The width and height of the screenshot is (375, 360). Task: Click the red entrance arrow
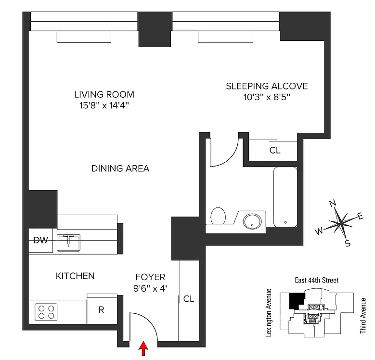tap(143, 348)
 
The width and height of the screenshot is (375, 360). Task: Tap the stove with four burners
tap(46, 312)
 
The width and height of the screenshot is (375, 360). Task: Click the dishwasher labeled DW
tap(40, 240)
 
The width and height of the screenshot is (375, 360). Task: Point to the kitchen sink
tap(68, 243)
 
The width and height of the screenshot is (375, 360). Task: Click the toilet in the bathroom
tap(218, 216)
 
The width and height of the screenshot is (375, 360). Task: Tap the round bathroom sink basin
tap(252, 221)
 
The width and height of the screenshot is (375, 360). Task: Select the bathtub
tap(285, 197)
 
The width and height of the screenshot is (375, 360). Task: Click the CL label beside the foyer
tap(189, 298)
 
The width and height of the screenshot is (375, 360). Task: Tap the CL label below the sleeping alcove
tap(275, 150)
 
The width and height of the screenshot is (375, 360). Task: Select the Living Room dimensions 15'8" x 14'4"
tap(104, 105)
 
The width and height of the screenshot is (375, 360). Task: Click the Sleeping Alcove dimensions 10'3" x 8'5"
tap(267, 97)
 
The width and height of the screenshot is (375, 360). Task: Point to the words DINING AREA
tap(120, 168)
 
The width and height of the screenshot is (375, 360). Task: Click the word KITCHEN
tap(75, 276)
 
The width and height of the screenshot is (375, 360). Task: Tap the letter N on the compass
tap(333, 204)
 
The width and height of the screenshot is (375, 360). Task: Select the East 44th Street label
tap(317, 280)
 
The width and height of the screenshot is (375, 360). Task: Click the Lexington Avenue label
tap(269, 313)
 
